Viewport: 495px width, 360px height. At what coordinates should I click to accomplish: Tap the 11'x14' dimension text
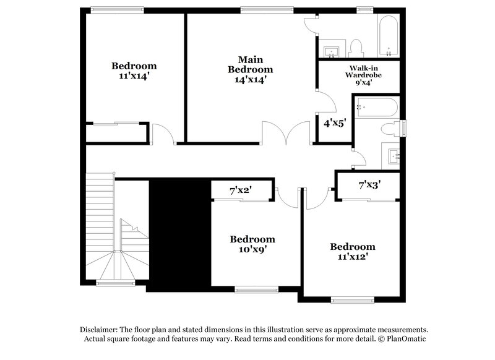(x=134, y=76)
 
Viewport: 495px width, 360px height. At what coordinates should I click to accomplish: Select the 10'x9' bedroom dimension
(x=252, y=250)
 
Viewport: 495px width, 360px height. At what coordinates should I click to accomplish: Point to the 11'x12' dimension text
(x=352, y=257)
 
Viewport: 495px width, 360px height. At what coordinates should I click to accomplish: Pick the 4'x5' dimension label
(x=335, y=122)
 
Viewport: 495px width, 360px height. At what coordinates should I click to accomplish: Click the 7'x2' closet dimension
(x=240, y=191)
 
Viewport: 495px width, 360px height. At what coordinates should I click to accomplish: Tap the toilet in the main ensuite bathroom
(x=355, y=47)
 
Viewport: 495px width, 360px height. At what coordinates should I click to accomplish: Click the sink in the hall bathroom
(x=393, y=155)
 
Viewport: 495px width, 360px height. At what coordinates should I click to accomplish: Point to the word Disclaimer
(x=101, y=330)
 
